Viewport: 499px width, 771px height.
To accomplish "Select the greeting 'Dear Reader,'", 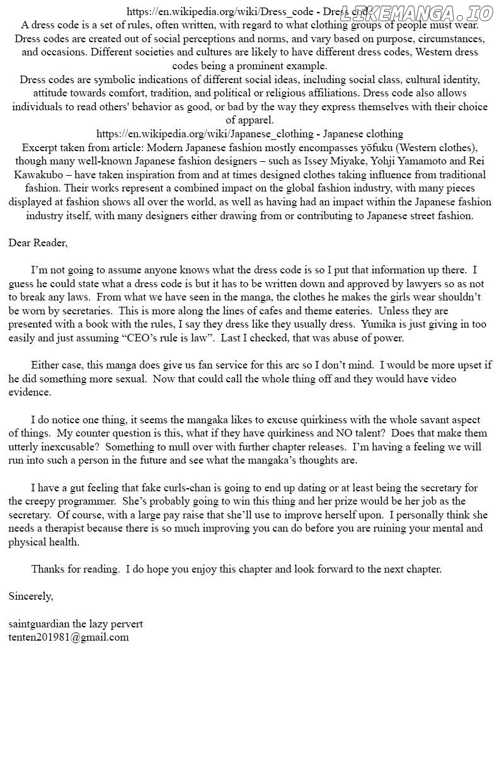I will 38,243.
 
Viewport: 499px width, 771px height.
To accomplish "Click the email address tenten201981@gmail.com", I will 69,637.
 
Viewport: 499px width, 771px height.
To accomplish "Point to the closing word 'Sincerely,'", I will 31,596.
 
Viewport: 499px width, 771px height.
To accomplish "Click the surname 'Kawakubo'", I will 40,175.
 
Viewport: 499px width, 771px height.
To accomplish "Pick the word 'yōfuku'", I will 356,147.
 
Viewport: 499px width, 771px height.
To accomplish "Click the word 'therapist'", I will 59,528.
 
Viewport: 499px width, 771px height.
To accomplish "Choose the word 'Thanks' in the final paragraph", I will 49,569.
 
